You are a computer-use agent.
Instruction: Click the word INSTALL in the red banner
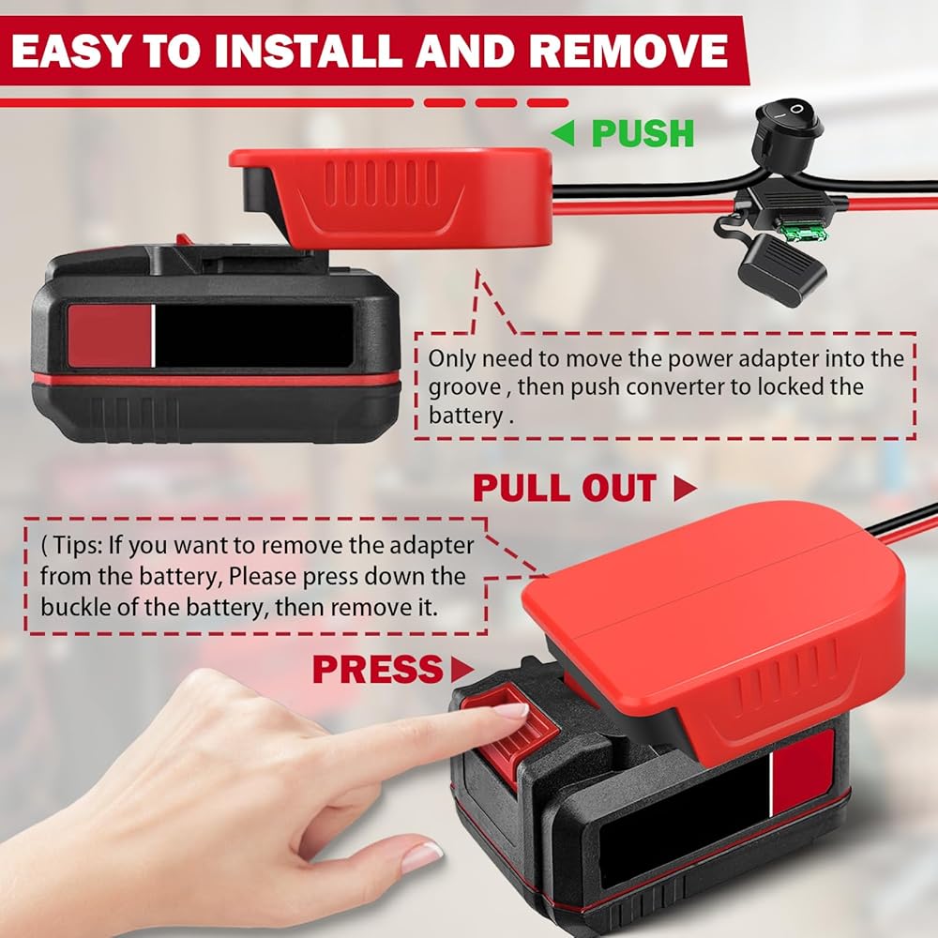point(309,51)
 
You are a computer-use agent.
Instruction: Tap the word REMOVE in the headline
point(628,51)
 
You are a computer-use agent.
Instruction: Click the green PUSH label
point(643,133)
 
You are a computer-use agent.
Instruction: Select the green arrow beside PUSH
point(563,133)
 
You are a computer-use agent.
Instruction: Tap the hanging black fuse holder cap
point(781,269)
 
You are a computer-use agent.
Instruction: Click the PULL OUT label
point(564,488)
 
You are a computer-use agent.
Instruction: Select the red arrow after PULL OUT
point(685,488)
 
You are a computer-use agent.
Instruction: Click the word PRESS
point(377,669)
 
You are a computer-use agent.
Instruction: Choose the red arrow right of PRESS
point(462,669)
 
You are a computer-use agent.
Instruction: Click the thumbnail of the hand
point(421,858)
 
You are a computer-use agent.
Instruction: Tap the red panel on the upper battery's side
point(110,336)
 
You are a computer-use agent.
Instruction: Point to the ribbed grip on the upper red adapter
point(381,184)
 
